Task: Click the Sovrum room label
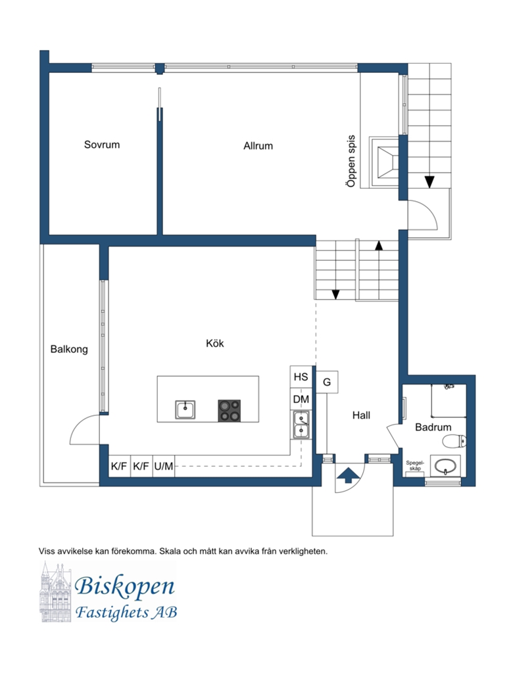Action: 102,145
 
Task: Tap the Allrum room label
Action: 258,146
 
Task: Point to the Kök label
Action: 215,343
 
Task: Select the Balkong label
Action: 69,350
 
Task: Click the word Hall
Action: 361,415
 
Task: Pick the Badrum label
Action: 433,427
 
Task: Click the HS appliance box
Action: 301,377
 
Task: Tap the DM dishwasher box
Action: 301,399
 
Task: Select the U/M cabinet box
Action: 164,466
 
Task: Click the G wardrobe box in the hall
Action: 327,382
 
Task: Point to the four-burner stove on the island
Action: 230,411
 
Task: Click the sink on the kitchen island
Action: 185,409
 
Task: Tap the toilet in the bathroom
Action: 454,440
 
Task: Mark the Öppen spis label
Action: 351,161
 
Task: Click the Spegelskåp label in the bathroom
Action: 415,466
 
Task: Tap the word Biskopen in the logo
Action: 125,586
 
